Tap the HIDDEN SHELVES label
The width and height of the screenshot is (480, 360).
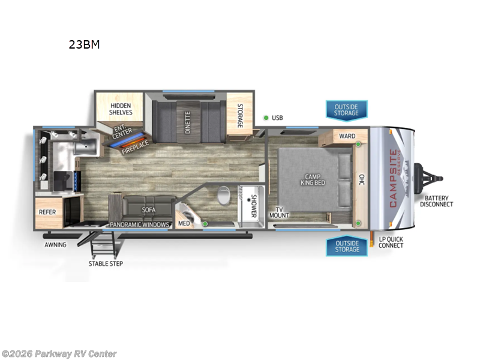tap(120, 109)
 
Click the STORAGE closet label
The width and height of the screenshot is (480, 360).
tap(239, 116)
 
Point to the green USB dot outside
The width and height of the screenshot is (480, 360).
tap(265, 118)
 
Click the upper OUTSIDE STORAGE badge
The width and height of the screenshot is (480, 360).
tap(346, 110)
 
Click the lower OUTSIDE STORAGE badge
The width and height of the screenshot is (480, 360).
tap(346, 246)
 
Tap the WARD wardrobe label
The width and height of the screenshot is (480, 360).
tap(347, 136)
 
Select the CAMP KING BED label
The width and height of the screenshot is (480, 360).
tap(313, 178)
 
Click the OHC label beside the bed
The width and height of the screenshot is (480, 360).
tap(361, 179)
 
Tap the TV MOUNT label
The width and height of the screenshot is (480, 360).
tap(279, 212)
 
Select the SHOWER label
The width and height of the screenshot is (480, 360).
tap(253, 205)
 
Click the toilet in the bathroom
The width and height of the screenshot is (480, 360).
tap(223, 196)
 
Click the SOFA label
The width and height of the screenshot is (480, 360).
tap(149, 210)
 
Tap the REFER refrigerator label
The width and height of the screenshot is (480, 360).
tap(47, 211)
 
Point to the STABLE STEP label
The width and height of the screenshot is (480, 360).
tap(106, 263)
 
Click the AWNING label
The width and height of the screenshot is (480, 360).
tap(55, 245)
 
